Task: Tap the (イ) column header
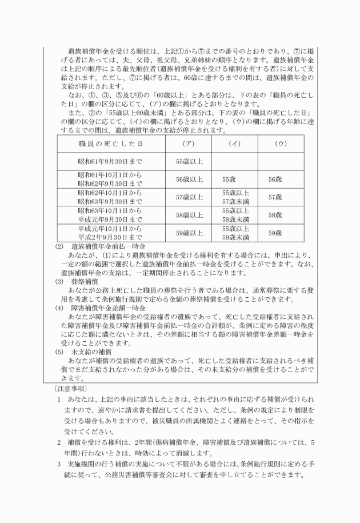235,143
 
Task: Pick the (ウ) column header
280,143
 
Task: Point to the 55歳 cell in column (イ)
229,179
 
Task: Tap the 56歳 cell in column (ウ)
275,179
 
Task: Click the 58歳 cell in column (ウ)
275,215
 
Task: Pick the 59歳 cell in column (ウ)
275,233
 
